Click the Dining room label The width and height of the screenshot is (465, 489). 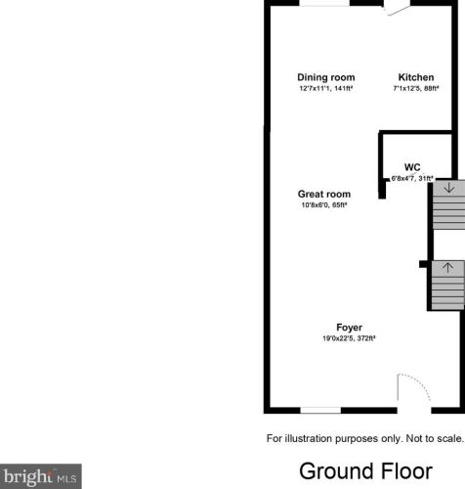pyautogui.click(x=326, y=77)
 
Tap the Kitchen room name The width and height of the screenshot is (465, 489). pyautogui.click(x=416, y=77)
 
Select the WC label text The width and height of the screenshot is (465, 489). pyautogui.click(x=412, y=167)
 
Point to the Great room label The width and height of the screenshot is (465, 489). pyautogui.click(x=324, y=194)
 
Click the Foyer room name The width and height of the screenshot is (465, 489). pyautogui.click(x=349, y=328)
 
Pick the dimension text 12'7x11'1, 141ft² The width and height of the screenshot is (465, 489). pyautogui.click(x=326, y=88)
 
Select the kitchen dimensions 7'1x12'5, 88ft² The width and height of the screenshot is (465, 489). pyautogui.click(x=416, y=88)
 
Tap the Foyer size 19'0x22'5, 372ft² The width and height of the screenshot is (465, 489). pyautogui.click(x=349, y=338)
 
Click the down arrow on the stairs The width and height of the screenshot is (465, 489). pyautogui.click(x=449, y=188)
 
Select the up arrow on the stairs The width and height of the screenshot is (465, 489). pyautogui.click(x=448, y=268)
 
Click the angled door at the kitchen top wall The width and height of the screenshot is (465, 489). pyautogui.click(x=398, y=11)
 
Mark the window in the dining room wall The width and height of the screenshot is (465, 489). pyautogui.click(x=324, y=3)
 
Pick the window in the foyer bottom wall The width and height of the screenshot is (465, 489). pyautogui.click(x=320, y=410)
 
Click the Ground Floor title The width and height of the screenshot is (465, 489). pyautogui.click(x=365, y=471)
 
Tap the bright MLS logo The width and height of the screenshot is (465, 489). pyautogui.click(x=41, y=476)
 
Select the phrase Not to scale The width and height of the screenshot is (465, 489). pyautogui.click(x=434, y=438)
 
